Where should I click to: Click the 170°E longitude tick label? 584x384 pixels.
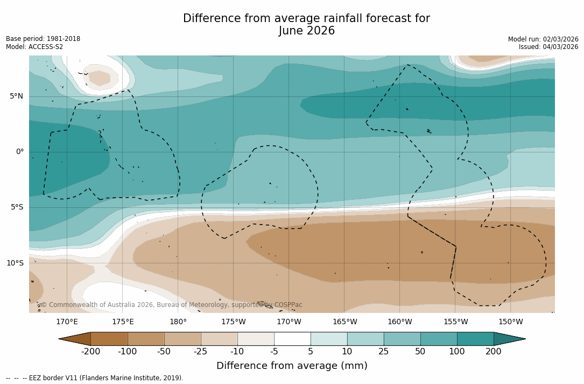point(67,322)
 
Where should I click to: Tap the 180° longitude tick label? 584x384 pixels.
point(178,322)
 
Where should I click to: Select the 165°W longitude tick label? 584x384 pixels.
point(344,322)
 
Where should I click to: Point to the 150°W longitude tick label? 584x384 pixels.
point(511,322)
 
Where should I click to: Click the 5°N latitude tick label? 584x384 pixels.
point(17,96)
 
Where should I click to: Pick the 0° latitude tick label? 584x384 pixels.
point(20,152)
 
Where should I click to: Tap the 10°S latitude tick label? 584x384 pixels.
point(15,263)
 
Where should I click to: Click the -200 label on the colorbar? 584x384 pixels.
point(90,352)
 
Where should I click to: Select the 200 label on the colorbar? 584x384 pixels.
point(494,352)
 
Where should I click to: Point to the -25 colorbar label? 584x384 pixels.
point(201,352)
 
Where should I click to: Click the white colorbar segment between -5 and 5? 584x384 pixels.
point(292,339)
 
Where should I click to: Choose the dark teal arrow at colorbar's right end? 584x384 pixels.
point(509,339)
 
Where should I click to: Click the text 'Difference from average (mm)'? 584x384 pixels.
point(292,366)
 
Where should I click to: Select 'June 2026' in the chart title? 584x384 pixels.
point(307,31)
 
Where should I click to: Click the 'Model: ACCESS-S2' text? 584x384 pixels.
point(34,47)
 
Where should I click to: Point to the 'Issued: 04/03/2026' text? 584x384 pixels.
point(548,47)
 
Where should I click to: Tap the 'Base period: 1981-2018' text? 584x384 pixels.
point(43,39)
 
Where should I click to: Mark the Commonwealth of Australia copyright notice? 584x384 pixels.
point(172,305)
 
